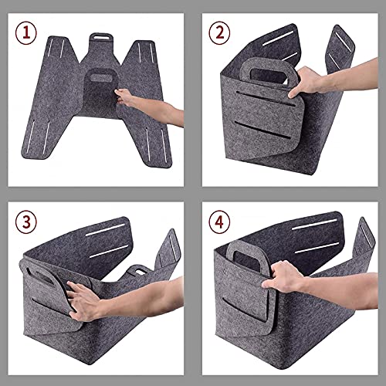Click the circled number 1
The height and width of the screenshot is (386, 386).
[26, 33]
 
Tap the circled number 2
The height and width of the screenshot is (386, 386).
[219, 33]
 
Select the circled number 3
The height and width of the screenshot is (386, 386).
[26, 222]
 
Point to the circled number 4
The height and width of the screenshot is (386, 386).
[219, 222]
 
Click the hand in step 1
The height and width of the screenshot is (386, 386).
[124, 96]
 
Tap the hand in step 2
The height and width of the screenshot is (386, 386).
[306, 82]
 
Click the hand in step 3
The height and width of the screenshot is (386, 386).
[84, 301]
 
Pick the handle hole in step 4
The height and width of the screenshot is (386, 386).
[246, 260]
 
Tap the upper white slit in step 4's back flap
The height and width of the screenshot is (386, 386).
[315, 225]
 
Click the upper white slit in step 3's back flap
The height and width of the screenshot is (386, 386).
[105, 230]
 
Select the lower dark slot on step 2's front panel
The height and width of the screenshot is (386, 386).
[263, 130]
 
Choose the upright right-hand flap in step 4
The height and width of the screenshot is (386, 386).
[364, 239]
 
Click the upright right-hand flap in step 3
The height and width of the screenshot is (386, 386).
[168, 249]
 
